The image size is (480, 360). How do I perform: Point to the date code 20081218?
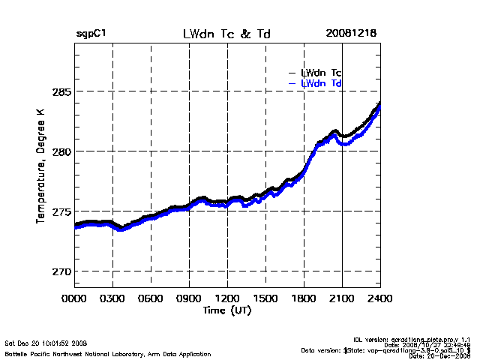tap(350, 34)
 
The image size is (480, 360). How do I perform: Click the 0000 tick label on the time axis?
tap(74, 299)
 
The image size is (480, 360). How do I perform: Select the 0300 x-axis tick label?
tap(112, 299)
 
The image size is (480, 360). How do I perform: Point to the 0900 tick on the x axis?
tap(189, 299)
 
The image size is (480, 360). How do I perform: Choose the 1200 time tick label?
tap(227, 299)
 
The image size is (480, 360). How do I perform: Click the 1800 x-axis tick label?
tap(304, 299)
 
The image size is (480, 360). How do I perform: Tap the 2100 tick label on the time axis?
tap(342, 299)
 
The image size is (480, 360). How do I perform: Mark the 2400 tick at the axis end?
tap(380, 299)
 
